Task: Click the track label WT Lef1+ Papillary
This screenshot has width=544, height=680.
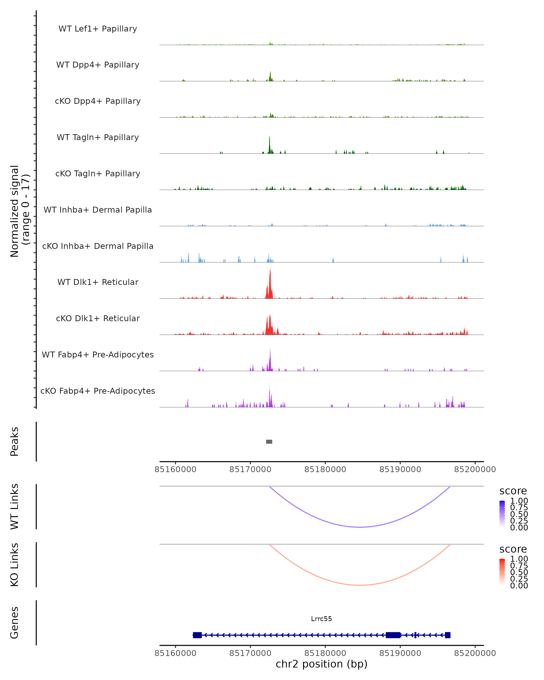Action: point(98,29)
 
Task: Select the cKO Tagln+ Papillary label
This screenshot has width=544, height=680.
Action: point(98,173)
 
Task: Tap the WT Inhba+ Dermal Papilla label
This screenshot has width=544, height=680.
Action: point(98,210)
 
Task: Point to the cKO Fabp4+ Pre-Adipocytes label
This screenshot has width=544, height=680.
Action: point(98,391)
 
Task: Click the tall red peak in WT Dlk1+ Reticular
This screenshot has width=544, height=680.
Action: point(270,284)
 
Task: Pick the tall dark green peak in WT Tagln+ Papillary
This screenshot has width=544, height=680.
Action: point(269,145)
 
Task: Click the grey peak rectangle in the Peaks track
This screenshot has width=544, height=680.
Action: point(269,442)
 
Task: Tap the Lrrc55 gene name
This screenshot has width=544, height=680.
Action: point(321,619)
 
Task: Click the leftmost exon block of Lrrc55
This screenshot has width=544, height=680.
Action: point(197,635)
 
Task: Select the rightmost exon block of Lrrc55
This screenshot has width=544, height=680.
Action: point(447,635)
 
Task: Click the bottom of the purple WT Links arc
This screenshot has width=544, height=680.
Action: point(360,527)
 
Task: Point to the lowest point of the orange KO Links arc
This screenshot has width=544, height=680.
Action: point(360,585)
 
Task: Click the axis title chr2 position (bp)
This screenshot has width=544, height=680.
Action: point(321,664)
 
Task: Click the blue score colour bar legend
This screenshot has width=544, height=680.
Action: point(502,513)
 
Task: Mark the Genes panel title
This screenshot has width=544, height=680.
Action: point(15,623)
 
